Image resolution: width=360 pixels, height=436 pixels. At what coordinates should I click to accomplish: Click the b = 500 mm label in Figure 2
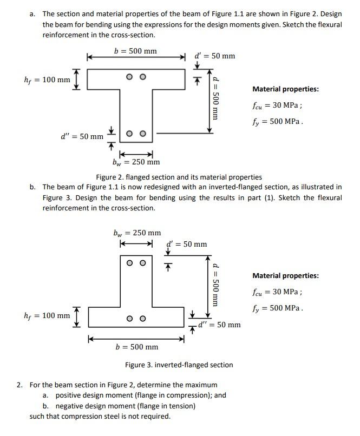pos(135,51)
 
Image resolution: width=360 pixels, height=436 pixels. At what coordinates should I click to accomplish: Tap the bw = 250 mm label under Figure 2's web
pos(136,162)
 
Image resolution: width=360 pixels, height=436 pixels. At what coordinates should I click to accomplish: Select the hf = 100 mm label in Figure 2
pos(47,80)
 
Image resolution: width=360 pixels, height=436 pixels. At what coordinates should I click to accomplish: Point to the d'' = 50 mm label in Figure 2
pos(82,136)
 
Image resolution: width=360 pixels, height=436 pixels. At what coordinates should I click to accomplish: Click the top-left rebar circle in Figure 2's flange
pos(130,77)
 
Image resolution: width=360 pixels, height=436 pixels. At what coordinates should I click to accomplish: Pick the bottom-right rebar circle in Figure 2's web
pos(143,134)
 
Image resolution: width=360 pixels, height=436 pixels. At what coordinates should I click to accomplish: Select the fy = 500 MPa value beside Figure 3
pos(277,308)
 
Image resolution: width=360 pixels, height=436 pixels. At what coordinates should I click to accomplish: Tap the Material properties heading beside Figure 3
pos(285,276)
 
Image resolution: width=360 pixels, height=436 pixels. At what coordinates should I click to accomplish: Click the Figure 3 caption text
pos(179,365)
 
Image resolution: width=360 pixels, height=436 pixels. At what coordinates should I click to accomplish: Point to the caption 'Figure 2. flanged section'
pos(179,177)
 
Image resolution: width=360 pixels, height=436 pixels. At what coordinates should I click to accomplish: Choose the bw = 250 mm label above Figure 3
pos(137,233)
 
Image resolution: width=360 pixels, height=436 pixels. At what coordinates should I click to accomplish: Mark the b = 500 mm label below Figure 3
pos(137,347)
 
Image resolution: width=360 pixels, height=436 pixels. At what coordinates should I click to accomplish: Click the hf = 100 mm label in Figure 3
pos(47,315)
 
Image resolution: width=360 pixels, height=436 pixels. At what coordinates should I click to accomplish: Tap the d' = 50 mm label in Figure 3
pos(187,244)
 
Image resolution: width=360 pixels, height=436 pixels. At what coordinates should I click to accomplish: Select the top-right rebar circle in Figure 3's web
pos(143,263)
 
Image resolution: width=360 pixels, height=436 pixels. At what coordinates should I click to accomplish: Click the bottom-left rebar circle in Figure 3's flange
pos(130,319)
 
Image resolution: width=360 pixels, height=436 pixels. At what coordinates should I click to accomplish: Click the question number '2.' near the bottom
pos(20,385)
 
